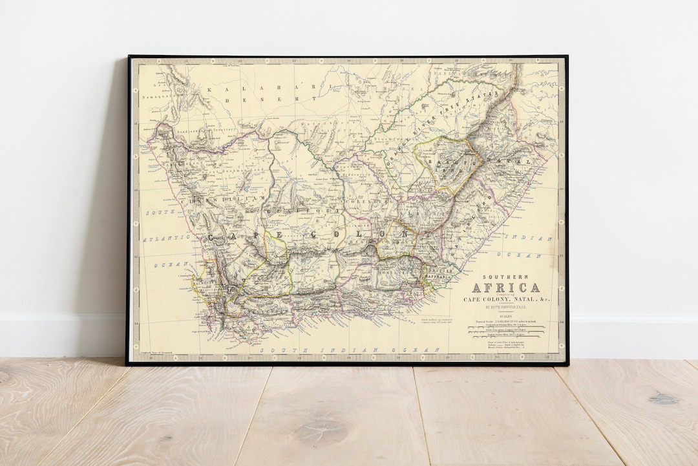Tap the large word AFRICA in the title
click(507, 288)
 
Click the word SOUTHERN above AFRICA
click(507, 276)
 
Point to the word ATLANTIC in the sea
click(169, 238)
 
